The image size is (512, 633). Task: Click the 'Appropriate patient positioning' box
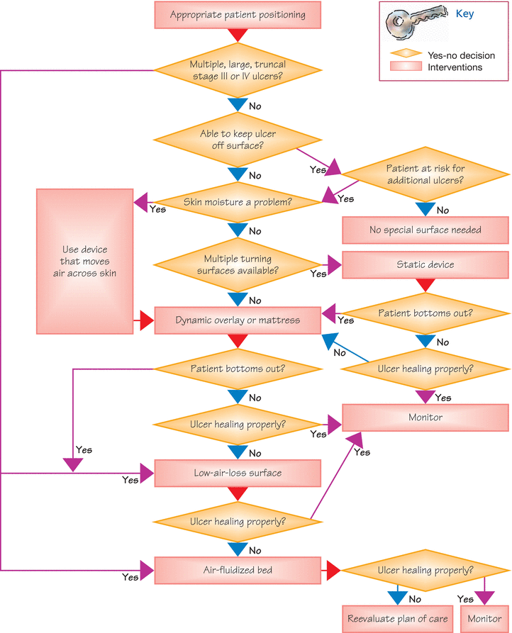[238, 15]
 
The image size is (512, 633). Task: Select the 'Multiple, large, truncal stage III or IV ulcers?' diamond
[238, 70]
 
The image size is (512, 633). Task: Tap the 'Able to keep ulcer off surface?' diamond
[238, 140]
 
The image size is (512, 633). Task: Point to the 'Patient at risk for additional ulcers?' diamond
[425, 174]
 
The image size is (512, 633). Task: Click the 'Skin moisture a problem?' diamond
[238, 202]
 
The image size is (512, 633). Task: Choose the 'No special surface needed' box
[425, 230]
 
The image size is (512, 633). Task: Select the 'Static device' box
[425, 265]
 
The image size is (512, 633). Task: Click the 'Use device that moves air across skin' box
[85, 261]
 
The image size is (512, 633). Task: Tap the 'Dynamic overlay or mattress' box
[238, 320]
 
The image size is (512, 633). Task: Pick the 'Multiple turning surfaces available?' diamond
[238, 265]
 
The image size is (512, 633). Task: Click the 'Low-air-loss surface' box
[238, 473]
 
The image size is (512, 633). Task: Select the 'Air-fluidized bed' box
[238, 571]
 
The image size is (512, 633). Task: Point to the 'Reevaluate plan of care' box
[398, 619]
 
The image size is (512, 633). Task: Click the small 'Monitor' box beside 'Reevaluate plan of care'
[484, 619]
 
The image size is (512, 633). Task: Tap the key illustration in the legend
[416, 23]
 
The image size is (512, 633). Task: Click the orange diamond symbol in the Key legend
[406, 53]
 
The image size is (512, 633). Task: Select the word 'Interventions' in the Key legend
[455, 67]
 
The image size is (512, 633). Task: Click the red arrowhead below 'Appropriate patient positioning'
[238, 35]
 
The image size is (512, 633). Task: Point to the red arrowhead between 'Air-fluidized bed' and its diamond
[334, 571]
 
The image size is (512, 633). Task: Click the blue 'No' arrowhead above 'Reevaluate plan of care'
[398, 598]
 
